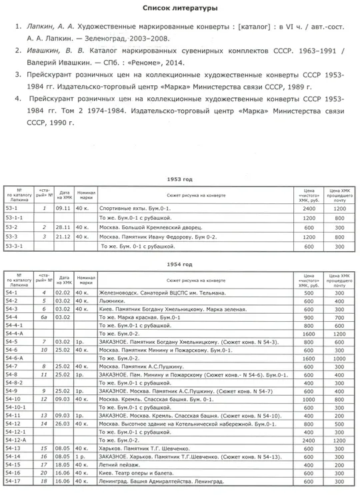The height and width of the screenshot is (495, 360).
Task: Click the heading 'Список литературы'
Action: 180,8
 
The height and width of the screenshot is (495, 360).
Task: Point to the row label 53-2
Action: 17,227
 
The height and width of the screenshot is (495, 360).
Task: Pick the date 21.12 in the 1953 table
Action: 64,236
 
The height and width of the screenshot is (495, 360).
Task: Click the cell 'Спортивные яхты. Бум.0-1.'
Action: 130,209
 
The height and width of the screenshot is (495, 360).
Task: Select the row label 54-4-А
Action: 20,332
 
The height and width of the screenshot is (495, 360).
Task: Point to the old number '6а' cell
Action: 45,318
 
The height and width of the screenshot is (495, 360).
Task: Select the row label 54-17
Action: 17,481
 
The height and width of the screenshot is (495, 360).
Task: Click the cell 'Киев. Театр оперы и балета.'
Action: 134,472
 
